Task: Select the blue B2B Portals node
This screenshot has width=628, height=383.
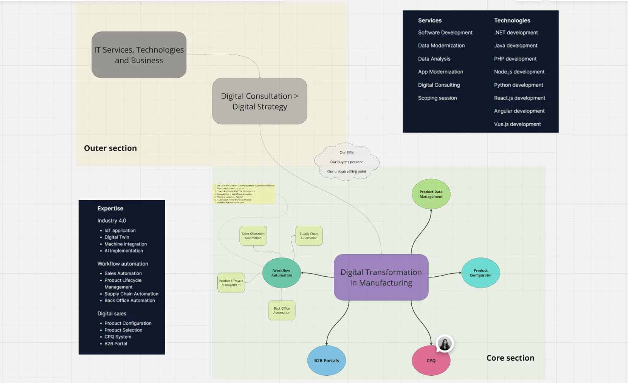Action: point(326,361)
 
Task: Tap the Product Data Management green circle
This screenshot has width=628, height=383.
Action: point(431,194)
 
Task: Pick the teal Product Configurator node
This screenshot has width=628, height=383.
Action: point(481,273)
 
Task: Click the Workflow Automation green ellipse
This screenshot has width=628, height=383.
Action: point(282,273)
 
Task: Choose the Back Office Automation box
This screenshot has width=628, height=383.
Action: point(282,310)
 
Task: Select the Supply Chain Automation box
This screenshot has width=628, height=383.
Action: point(309,236)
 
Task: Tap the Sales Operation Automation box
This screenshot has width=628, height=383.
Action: point(253,236)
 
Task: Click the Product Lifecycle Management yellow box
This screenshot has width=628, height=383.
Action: point(231,283)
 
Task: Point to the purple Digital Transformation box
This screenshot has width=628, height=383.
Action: point(381,277)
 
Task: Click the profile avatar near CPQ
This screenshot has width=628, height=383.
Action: point(445,344)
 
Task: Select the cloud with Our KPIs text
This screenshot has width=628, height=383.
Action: point(347,162)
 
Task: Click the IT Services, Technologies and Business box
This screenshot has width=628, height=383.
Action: point(139,55)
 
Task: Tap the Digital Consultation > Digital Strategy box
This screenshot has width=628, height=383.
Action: point(259,101)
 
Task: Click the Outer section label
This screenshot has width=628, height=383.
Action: point(110,148)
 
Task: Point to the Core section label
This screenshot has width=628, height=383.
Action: point(510,358)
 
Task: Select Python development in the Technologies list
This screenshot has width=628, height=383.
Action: point(518,85)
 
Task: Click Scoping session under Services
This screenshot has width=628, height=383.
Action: point(437,98)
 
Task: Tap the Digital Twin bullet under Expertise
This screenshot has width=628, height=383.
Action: point(117,237)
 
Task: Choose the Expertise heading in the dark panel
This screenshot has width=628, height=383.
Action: point(110,208)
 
